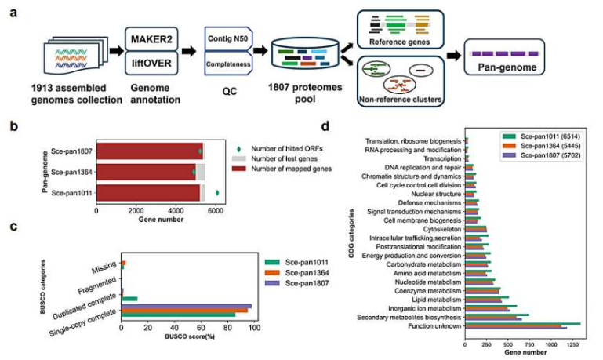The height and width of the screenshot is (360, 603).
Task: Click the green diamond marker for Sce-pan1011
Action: [217, 191]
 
